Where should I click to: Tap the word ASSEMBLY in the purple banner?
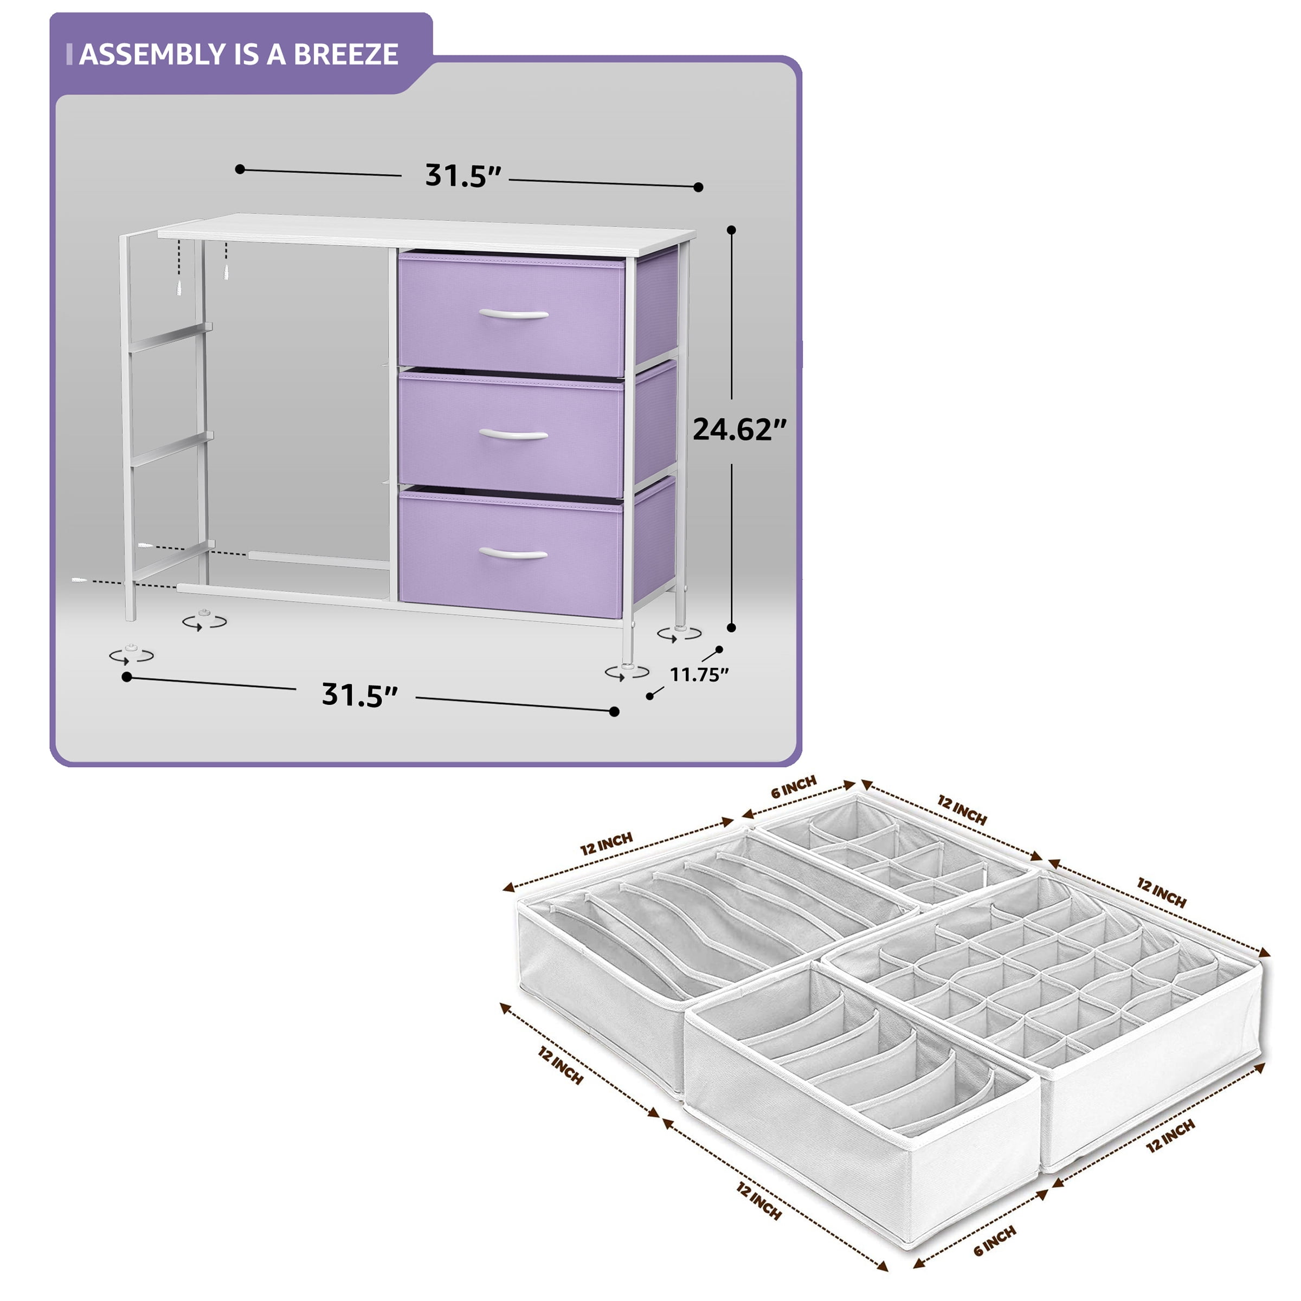click(152, 54)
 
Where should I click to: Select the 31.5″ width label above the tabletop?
click(464, 176)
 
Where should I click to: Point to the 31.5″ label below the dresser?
click(360, 694)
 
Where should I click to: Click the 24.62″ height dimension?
click(739, 429)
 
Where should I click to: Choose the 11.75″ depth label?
click(699, 674)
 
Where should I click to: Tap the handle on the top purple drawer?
click(513, 314)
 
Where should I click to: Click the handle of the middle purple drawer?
click(513, 434)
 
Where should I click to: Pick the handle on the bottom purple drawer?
click(513, 553)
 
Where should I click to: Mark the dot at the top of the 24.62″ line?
click(732, 230)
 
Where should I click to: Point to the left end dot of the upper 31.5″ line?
click(240, 169)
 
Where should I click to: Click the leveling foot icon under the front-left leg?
click(131, 654)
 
